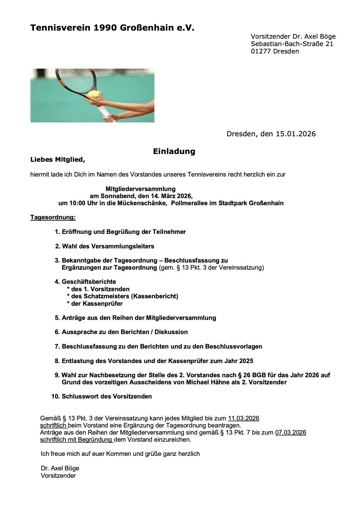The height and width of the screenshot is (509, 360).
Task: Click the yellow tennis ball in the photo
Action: point(93,94)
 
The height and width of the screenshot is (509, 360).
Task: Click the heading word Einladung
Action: point(174,151)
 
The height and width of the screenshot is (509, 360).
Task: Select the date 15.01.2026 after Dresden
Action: point(296,134)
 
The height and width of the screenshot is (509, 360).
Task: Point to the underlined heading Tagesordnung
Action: point(53,217)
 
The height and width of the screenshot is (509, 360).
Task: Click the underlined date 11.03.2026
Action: point(243,418)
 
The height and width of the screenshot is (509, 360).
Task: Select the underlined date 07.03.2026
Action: point(290,433)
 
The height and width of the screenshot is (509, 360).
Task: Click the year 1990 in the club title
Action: point(105,28)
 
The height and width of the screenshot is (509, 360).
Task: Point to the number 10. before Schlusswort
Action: point(55,397)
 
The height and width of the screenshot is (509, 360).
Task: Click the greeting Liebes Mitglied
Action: point(57,160)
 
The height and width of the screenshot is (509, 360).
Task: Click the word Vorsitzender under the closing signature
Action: point(58,476)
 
